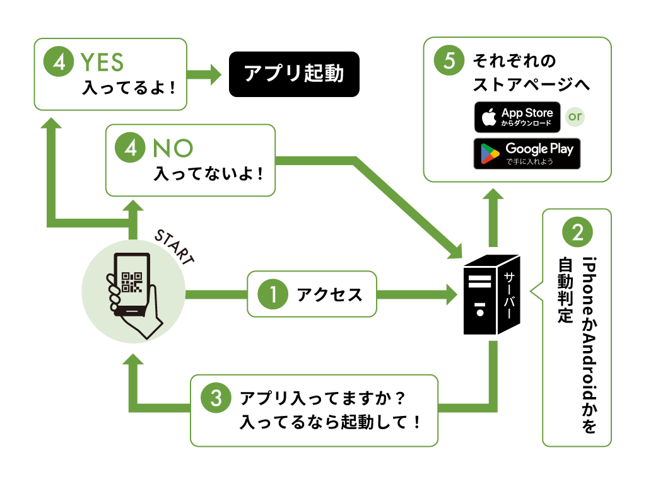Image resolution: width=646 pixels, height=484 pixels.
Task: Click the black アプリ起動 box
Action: point(294,74)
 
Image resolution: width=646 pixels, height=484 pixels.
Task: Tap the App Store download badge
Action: point(517,117)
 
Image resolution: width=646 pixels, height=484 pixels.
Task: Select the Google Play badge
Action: point(527,154)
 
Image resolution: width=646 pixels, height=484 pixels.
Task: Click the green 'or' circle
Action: point(575,117)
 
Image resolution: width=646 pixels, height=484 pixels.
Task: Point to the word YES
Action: point(102,62)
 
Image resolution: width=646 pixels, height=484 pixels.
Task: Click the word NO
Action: point(173,148)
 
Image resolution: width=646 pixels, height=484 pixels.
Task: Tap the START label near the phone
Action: point(174,247)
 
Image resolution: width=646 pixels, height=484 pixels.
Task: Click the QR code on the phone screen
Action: point(132,282)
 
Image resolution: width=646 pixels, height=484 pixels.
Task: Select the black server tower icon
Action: point(492,295)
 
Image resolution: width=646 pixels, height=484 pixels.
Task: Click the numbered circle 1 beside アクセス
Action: point(273,294)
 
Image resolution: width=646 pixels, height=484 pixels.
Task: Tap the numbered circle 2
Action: point(577,232)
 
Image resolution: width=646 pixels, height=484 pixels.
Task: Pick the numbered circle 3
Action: point(216,398)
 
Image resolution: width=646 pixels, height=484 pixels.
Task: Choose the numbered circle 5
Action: point(449,60)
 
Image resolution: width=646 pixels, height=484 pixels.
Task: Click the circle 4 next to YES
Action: point(59,61)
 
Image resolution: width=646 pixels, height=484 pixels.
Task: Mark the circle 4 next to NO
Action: point(130,147)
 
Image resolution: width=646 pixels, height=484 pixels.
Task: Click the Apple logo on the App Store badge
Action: point(489,117)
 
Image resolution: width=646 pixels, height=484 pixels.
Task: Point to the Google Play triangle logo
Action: point(490,154)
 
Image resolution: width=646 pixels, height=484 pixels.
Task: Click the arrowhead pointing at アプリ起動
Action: point(216,74)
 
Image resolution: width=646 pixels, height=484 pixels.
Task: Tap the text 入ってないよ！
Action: point(208,174)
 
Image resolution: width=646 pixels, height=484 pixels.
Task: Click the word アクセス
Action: point(329,295)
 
